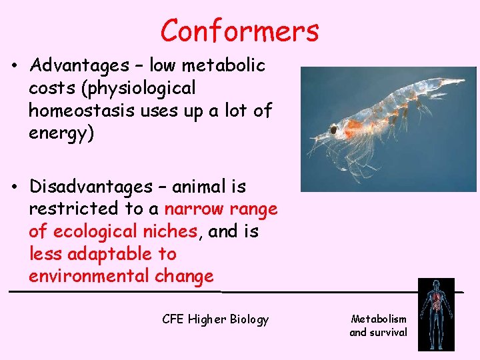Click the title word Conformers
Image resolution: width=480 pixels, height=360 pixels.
[x=239, y=31]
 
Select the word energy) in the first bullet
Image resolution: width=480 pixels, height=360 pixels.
[x=61, y=133]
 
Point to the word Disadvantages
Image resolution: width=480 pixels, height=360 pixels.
[x=91, y=186]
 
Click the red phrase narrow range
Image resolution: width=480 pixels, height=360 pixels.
[x=221, y=209]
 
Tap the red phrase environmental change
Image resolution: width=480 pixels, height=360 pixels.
[x=121, y=276]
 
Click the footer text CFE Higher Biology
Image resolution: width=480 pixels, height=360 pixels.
[x=215, y=319]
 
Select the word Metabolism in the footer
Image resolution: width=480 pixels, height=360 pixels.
[x=379, y=319]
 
